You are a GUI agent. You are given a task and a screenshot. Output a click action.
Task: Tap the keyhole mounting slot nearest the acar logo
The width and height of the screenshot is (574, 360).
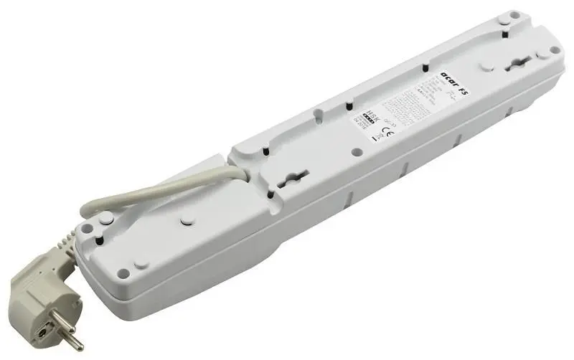[519, 70]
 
